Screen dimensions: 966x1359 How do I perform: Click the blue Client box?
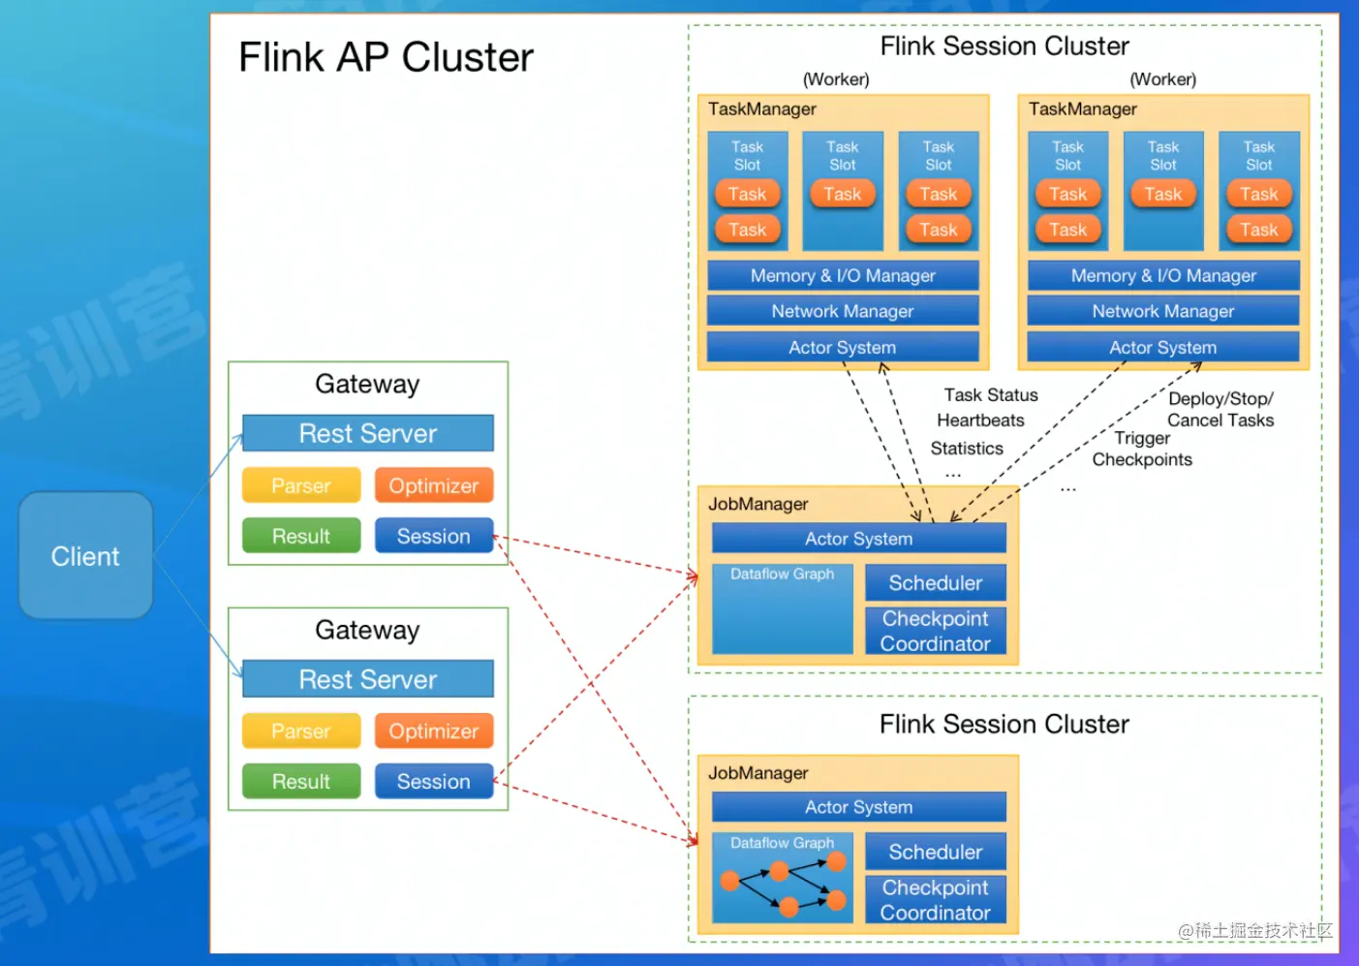(85, 556)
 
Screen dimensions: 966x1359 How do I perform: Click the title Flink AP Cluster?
(386, 58)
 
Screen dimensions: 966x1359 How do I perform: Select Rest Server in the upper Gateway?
(368, 433)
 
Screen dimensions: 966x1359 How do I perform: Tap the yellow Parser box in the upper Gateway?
(301, 485)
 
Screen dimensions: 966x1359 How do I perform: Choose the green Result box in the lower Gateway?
(301, 781)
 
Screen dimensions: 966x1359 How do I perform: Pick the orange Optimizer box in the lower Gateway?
(434, 731)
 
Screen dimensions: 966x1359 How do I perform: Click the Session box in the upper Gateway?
(434, 536)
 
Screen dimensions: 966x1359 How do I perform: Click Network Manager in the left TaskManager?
(843, 311)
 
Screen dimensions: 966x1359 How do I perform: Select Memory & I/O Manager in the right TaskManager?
(1163, 276)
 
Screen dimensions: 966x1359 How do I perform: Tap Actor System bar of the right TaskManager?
(1163, 347)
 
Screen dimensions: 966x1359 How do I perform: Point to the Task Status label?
(991, 395)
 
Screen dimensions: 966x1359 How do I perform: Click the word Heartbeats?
(980, 421)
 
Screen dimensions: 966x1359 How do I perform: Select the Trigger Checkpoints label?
(1142, 450)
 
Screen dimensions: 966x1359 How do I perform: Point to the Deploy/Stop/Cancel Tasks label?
(1220, 410)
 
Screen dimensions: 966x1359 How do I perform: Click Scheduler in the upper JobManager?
(936, 583)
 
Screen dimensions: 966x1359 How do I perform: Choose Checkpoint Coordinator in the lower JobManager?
(936, 900)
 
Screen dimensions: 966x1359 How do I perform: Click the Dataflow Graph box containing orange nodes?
(783, 879)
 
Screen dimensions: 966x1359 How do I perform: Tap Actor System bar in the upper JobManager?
(859, 539)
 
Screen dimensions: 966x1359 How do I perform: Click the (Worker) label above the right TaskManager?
(1162, 79)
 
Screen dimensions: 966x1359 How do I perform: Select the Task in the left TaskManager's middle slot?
(843, 194)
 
